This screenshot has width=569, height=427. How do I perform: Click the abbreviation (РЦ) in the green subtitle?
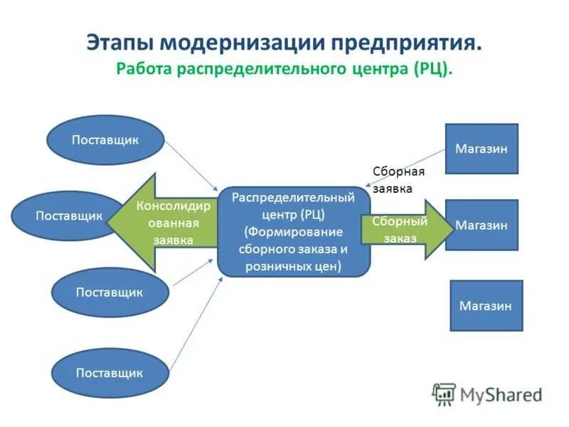430,70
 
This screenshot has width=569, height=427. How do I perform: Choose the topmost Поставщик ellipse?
105,139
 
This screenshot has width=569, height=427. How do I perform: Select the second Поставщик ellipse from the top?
68,215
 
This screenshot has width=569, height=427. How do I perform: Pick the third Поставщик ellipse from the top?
110,292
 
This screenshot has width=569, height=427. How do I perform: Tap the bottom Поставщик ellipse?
110,372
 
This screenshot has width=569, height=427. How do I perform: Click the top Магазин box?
482,149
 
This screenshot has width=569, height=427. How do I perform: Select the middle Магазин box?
482,225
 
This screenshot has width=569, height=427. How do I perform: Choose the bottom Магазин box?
486,305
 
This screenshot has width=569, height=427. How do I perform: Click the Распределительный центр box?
294,231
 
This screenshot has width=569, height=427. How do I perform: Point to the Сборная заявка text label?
398,179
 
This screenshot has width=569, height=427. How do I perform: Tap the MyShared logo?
487,394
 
